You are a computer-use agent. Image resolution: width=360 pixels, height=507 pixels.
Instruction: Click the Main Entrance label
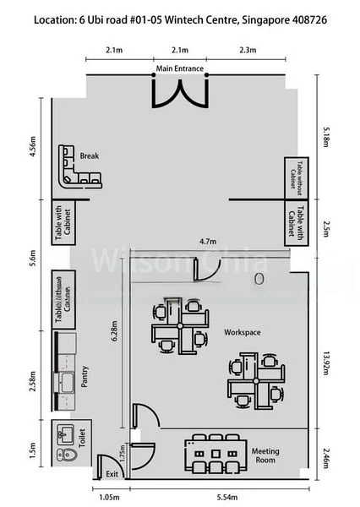179,67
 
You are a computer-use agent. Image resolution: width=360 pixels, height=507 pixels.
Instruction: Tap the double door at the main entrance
180,90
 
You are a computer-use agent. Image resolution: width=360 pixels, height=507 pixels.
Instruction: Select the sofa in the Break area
75,168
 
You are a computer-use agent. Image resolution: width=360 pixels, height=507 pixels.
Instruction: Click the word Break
90,156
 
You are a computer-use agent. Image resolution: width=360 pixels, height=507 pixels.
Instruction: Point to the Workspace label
242,332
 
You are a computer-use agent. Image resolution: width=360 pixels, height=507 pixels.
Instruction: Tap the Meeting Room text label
265,456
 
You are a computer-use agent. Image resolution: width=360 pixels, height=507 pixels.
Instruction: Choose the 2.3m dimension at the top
248,51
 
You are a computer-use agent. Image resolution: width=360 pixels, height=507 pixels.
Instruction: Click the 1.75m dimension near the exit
123,455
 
